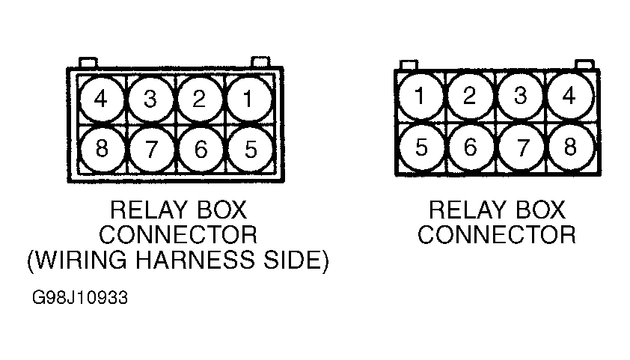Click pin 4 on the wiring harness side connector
tap(101, 100)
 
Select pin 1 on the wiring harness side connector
tap(249, 100)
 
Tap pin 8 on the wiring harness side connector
tap(102, 149)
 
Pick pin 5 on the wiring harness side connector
tap(251, 149)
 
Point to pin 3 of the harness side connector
tap(150, 100)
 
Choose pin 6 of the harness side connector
tap(201, 149)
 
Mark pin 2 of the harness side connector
tap(200, 100)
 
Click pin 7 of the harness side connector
tap(151, 149)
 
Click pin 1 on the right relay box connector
tap(420, 97)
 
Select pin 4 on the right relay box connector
tap(569, 97)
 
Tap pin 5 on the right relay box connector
tap(421, 147)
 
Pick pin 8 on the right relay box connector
tap(571, 147)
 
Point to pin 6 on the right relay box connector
tap(471, 147)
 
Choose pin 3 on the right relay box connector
tap(520, 97)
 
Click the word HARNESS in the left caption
tap(195, 260)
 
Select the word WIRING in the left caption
tap(81, 260)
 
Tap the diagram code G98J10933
tap(80, 298)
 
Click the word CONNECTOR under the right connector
tap(497, 235)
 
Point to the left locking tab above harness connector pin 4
tap(88, 62)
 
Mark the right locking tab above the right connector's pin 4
tap(584, 64)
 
